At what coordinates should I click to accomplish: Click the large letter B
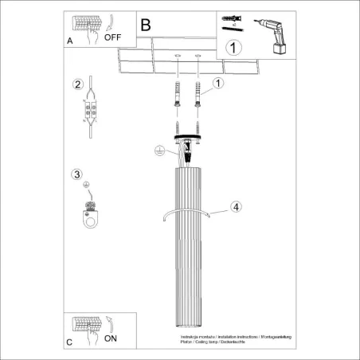coord(145,25)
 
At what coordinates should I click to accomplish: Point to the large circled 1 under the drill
coord(232,48)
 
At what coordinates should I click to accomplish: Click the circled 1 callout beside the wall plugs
coord(219,82)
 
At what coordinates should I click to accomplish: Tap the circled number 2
coord(77,85)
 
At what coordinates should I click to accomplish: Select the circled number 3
coord(76,174)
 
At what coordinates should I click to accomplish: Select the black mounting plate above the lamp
coord(188,136)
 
